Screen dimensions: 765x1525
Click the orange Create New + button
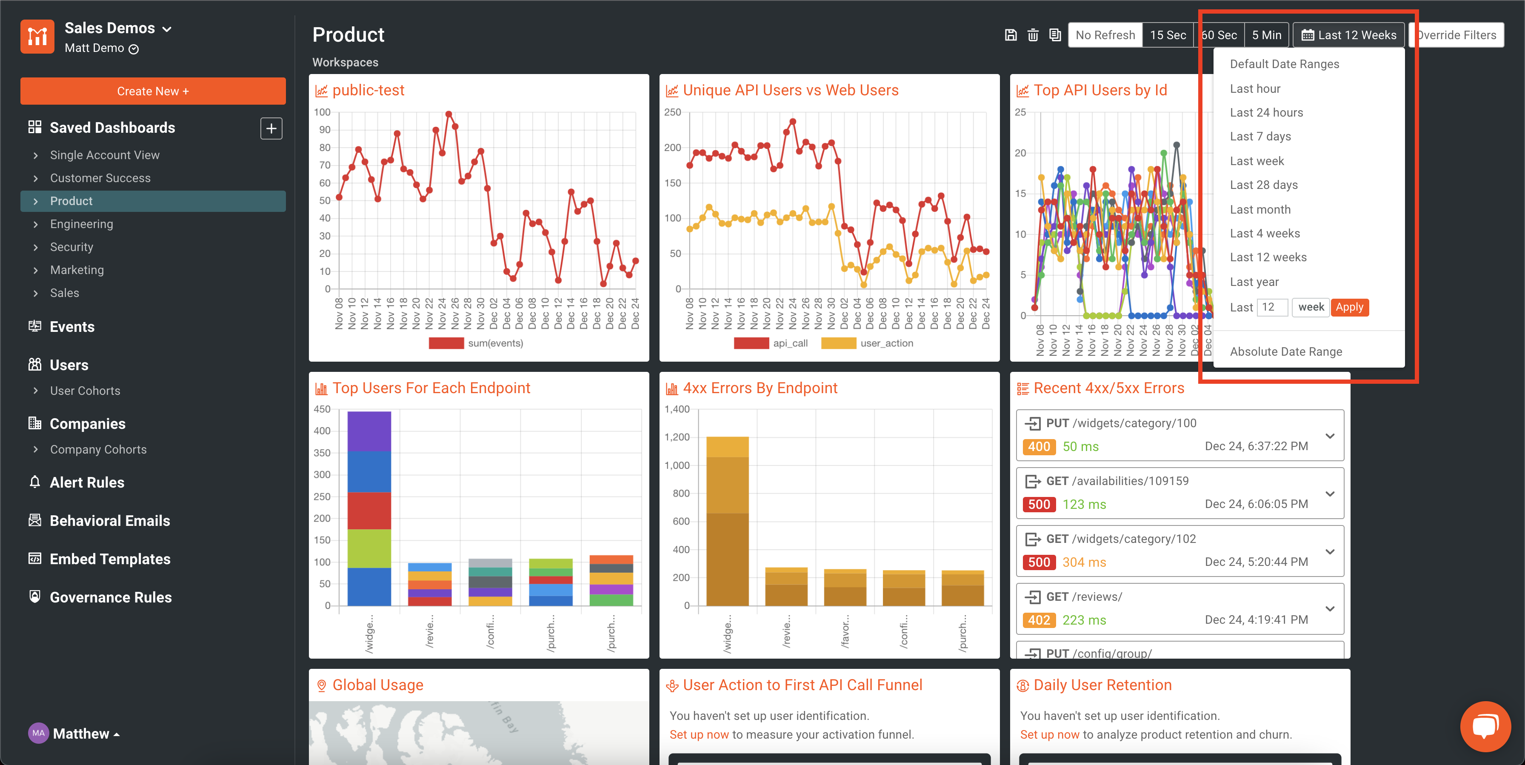pyautogui.click(x=153, y=91)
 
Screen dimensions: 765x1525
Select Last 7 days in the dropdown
pyautogui.click(x=1260, y=137)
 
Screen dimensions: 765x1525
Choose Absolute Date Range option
pyautogui.click(x=1285, y=352)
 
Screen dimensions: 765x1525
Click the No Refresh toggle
pyautogui.click(x=1105, y=35)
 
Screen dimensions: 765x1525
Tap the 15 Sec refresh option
pyautogui.click(x=1168, y=35)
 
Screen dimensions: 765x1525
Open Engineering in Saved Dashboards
pyautogui.click(x=81, y=224)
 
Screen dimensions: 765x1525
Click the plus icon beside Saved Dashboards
pyautogui.click(x=271, y=128)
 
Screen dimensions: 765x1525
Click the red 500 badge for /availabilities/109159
pyautogui.click(x=1038, y=505)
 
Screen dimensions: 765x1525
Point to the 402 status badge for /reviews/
pyautogui.click(x=1038, y=620)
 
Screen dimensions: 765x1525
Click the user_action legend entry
pyautogui.click(x=885, y=343)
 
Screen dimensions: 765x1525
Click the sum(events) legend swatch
pyautogui.click(x=446, y=343)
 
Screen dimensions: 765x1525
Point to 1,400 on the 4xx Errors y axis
pyautogui.click(x=677, y=409)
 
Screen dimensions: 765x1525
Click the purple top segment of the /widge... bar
pyautogui.click(x=369, y=431)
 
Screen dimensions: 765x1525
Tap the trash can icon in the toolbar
pyautogui.click(x=1032, y=35)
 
